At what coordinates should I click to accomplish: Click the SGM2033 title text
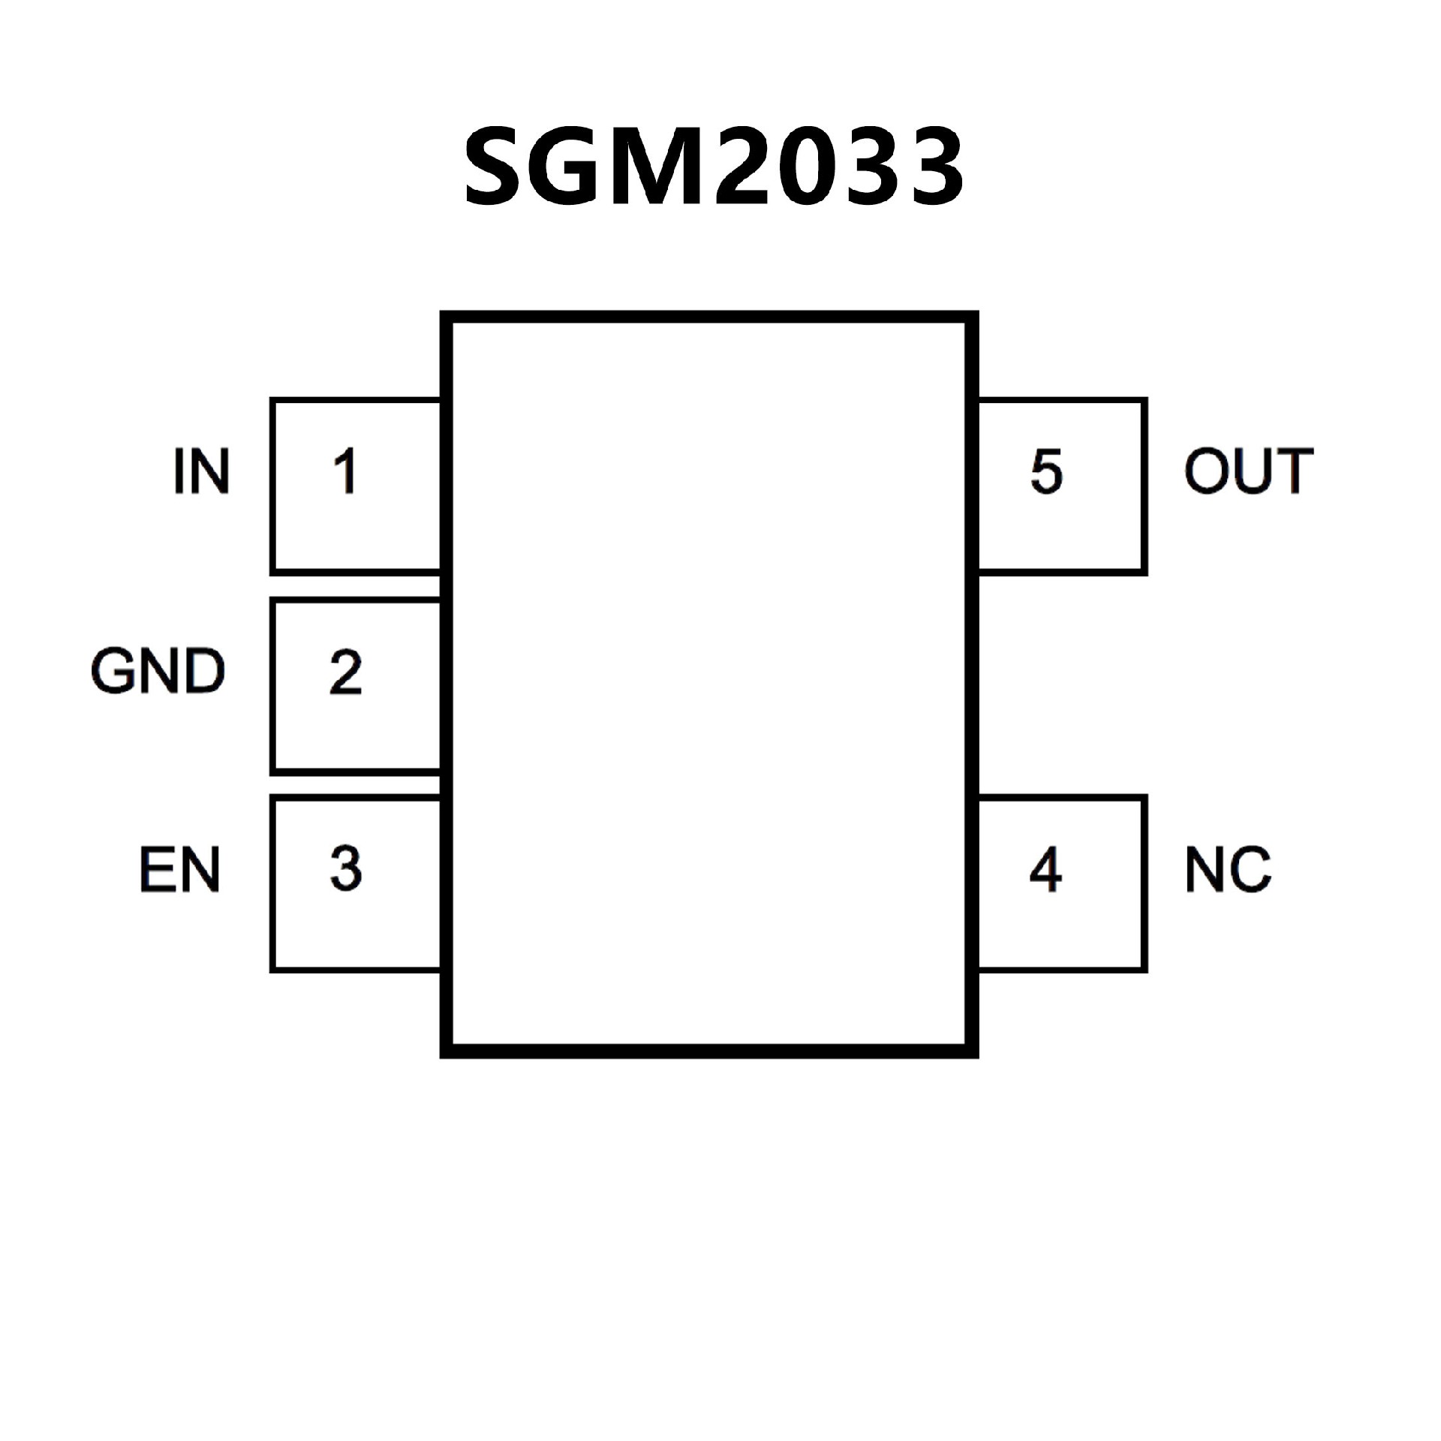[x=713, y=167]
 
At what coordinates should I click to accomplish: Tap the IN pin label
[x=201, y=471]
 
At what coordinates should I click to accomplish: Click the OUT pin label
[x=1249, y=471]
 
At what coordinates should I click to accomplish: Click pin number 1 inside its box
[x=345, y=471]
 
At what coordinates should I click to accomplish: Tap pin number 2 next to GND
[x=345, y=672]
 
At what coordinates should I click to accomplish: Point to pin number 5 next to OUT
[x=1046, y=471]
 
